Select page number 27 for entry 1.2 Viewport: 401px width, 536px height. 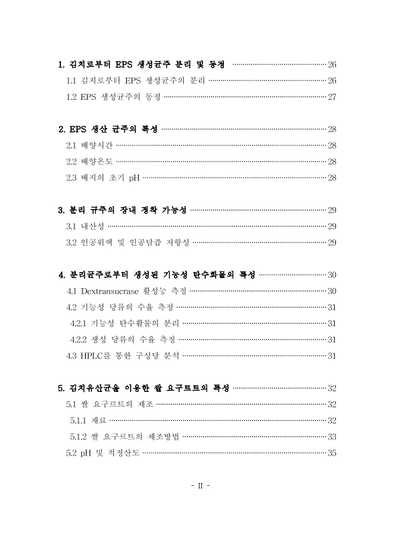tap(331, 96)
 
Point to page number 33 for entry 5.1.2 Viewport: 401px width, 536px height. tap(331, 436)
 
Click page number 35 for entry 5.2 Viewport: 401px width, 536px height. tap(331, 452)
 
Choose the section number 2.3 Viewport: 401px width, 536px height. tap(72, 178)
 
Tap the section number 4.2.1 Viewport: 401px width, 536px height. tap(79, 323)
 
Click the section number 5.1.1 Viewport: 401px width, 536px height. tap(79, 420)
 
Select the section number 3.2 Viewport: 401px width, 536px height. tap(72, 242)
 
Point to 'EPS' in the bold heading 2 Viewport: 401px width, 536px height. tap(82, 129)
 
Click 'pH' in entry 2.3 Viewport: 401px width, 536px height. tap(134, 178)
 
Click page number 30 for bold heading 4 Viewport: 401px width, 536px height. tap(331, 275)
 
